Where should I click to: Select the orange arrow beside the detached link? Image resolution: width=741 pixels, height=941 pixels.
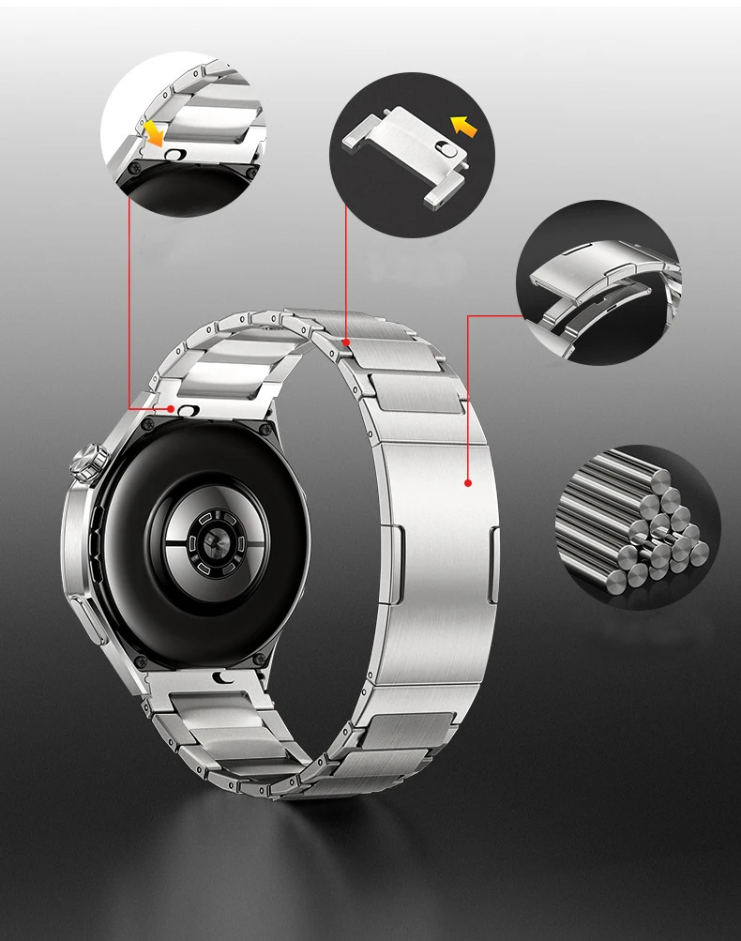[463, 125]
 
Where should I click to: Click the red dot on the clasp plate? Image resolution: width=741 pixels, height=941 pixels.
[467, 482]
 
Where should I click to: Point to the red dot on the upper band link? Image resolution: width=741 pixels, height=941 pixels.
[346, 342]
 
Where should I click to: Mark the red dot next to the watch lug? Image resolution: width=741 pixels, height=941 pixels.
[170, 409]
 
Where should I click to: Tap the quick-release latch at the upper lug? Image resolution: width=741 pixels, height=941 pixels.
[190, 411]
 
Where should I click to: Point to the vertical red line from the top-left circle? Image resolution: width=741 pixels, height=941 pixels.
[129, 300]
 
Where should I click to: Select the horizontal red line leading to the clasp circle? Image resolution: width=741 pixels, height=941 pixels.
[492, 316]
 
